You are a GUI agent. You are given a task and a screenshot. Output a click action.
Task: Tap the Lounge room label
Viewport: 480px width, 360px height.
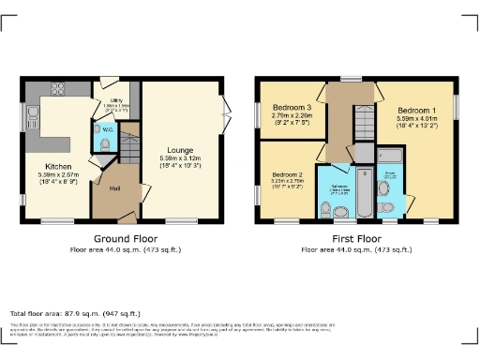[x=180, y=149]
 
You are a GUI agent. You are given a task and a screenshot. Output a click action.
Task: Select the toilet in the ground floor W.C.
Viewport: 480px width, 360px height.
[x=105, y=145]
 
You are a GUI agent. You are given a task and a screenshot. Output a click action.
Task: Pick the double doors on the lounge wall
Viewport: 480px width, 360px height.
[x=226, y=114]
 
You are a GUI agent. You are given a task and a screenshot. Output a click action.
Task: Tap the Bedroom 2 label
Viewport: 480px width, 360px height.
[x=285, y=175]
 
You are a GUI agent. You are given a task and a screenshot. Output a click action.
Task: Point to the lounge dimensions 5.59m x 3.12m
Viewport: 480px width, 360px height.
[x=180, y=160]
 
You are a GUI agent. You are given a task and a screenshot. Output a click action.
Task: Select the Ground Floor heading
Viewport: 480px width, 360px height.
[x=126, y=240]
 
